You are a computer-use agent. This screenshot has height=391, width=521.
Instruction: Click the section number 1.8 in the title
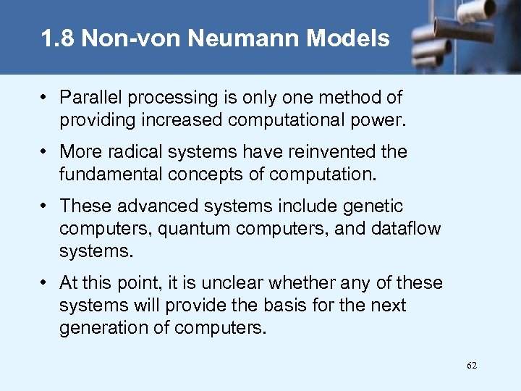tap(58, 38)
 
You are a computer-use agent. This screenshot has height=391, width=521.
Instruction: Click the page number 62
tap(472, 366)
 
